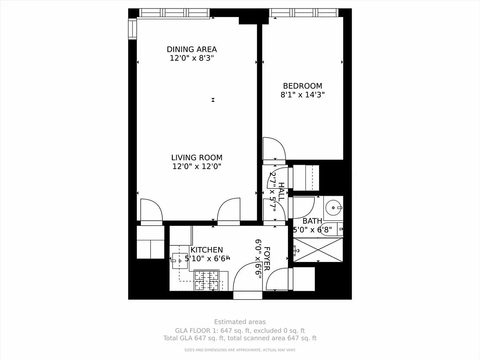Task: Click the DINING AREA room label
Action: coord(192,49)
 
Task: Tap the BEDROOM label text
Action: coord(302,86)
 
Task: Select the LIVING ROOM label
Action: coord(197,157)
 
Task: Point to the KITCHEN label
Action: coord(206,250)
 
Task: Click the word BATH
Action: coord(312,221)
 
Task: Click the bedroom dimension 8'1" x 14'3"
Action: coord(302,95)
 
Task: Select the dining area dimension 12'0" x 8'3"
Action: coord(192,58)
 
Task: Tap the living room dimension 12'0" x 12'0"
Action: coord(197,166)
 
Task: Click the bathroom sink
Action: coord(333,207)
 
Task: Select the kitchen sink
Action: coord(177,259)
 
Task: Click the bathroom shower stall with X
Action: coord(318,250)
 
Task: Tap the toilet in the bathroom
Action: coord(334,229)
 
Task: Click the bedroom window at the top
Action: coord(304,12)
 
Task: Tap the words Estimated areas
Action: coord(240,322)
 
